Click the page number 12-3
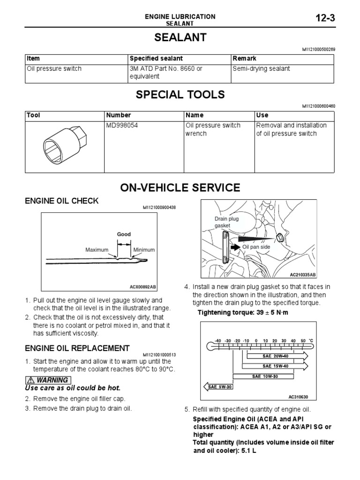pos(323,18)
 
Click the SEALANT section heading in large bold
pos(180,38)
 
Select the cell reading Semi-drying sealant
pos(261,69)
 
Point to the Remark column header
pos(244,59)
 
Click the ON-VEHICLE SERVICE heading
pos(180,188)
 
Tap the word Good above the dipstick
pos(124,234)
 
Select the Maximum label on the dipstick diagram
pos(97,250)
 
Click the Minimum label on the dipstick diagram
pos(144,250)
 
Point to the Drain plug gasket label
pos(224,222)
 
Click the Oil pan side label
pos(255,247)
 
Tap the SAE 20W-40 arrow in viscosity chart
pos(274,357)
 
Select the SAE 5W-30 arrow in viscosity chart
pos(218,386)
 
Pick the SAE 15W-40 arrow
pos(274,366)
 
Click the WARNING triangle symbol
pos(30,380)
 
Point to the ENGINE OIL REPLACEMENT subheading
pos(77,348)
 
